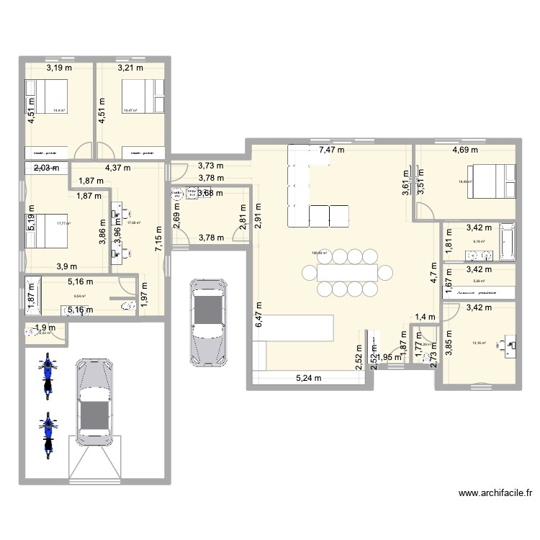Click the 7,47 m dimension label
[x=331, y=150]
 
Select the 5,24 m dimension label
[x=308, y=377]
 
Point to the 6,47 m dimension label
[x=259, y=315]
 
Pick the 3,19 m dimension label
[x=60, y=68]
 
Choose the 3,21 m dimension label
[x=130, y=68]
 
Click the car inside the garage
[x=94, y=407]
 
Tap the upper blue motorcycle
[x=48, y=374]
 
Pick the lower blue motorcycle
[x=48, y=436]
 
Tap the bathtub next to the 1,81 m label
[x=506, y=242]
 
